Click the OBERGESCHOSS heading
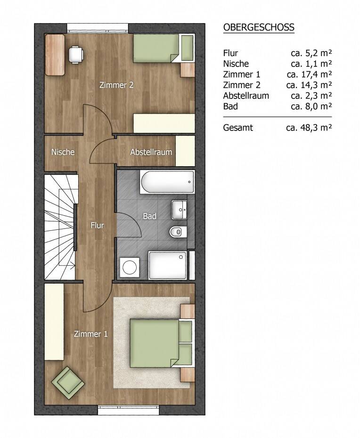click(259, 27)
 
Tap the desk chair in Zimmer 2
click(76, 55)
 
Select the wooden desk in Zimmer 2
click(55, 55)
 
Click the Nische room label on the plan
click(63, 152)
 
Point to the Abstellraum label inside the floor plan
click(151, 152)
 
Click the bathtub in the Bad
click(167, 182)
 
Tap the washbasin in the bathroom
click(179, 210)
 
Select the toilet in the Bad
click(178, 232)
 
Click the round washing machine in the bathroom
click(130, 268)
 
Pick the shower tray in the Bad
click(167, 265)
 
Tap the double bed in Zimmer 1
click(162, 343)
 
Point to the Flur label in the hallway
click(97, 225)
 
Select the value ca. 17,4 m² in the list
click(309, 74)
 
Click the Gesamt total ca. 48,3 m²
click(309, 128)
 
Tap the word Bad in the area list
click(230, 106)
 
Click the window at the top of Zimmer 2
click(98, 28)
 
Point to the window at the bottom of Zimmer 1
click(129, 410)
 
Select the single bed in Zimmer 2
click(163, 48)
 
